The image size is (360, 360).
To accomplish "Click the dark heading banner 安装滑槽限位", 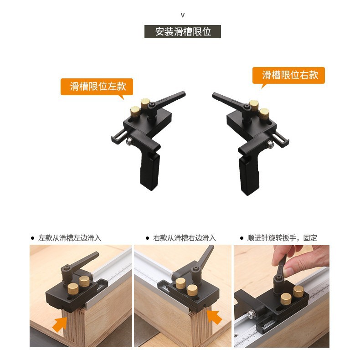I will tap(183, 32).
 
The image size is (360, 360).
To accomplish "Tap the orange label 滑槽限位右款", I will tap(288, 75).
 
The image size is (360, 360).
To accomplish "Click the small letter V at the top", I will tap(183, 15).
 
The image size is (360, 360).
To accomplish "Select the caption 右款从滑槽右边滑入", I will tap(184, 238).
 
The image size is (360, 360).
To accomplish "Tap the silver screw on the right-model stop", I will tap(271, 144).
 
